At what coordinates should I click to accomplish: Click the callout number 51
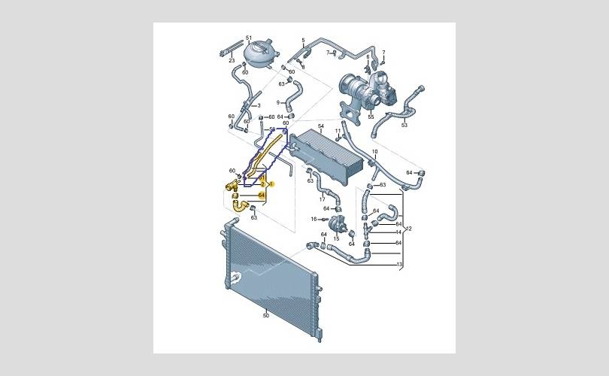(x=248, y=37)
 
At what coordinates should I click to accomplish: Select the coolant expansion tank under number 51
(x=256, y=54)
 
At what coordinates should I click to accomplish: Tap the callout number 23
(x=222, y=59)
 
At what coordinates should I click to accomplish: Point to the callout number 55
(x=371, y=117)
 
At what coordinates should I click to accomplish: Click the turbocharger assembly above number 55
(x=364, y=90)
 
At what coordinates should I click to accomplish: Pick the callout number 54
(x=320, y=126)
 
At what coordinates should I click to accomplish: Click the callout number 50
(x=265, y=315)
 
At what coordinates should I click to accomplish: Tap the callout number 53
(x=277, y=102)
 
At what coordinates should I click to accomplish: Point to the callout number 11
(x=399, y=265)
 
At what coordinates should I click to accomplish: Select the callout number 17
(x=323, y=199)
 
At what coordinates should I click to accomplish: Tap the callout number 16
(x=314, y=219)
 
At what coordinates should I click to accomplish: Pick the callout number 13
(x=399, y=265)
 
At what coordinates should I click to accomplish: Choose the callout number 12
(x=409, y=229)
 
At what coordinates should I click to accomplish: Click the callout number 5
(x=304, y=39)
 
